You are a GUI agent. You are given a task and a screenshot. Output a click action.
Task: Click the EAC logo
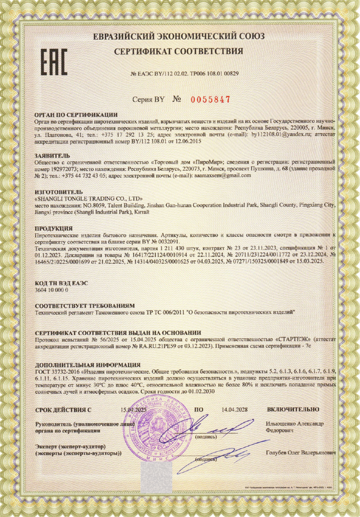(x=54, y=62)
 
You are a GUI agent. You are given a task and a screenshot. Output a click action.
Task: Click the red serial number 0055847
(x=211, y=100)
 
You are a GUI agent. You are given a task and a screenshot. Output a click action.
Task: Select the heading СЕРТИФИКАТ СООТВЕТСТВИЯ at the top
(x=179, y=51)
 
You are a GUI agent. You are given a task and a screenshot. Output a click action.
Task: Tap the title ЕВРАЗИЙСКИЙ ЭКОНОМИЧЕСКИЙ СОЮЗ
(x=179, y=36)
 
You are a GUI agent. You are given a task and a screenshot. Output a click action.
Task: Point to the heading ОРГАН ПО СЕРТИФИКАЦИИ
(x=76, y=115)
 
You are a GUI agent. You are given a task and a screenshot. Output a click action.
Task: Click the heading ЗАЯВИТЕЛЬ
(x=52, y=155)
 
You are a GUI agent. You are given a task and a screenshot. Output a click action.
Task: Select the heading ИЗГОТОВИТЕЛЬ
(x=58, y=192)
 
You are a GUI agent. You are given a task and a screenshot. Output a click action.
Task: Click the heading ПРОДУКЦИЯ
(x=53, y=229)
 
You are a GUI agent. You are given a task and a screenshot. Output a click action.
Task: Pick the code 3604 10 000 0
(x=51, y=290)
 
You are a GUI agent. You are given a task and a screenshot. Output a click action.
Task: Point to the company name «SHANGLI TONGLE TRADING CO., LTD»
(x=89, y=199)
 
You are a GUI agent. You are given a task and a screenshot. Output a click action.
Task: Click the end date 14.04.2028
(x=234, y=410)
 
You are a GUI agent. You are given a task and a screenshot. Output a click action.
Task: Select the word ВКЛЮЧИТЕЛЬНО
(x=293, y=410)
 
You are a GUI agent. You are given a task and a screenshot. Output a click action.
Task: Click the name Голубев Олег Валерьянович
(x=301, y=453)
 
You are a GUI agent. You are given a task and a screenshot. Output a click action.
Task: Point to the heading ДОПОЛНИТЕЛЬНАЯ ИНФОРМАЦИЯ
(x=88, y=365)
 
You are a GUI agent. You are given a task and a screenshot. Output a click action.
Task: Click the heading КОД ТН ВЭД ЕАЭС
(x=61, y=283)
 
